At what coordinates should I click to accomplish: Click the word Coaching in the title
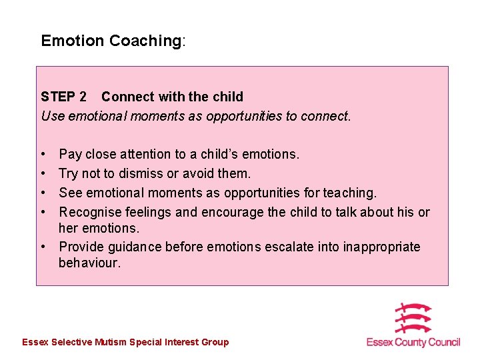(x=145, y=41)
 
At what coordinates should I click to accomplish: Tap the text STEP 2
(x=63, y=97)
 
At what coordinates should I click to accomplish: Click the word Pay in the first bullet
(x=70, y=154)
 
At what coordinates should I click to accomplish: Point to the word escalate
(x=291, y=247)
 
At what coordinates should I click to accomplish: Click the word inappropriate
(x=381, y=247)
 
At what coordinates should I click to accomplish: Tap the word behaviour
(x=89, y=263)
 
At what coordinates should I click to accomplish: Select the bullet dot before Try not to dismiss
(x=44, y=173)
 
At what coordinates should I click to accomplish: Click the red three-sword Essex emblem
(x=413, y=319)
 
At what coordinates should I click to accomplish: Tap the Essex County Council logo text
(x=413, y=342)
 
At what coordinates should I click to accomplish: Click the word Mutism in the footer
(x=111, y=342)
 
